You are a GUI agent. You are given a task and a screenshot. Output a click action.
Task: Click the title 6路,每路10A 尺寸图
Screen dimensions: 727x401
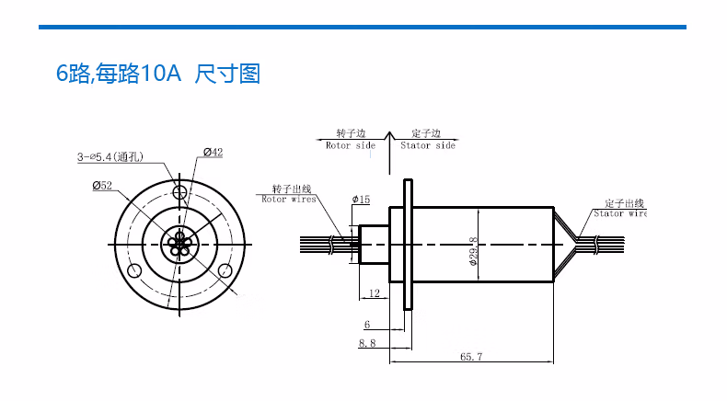(158, 74)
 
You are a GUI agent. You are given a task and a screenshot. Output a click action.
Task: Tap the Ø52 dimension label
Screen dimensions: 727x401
(102, 186)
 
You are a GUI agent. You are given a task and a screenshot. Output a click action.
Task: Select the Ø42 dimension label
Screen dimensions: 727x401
(213, 153)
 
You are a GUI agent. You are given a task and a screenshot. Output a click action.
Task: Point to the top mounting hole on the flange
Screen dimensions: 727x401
(180, 192)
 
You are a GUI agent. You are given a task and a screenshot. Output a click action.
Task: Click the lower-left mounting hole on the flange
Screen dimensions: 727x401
(135, 270)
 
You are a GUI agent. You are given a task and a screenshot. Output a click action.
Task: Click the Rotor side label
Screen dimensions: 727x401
(351, 145)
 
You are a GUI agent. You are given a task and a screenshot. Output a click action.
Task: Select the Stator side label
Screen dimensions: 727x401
(428, 145)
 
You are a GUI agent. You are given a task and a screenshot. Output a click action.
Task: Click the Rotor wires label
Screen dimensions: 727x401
(289, 199)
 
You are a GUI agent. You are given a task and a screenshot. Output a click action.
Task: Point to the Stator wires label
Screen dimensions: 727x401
(622, 213)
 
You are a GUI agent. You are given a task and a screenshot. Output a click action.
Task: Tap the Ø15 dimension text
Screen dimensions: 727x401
(361, 200)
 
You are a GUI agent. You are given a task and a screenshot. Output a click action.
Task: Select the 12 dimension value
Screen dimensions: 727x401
(374, 293)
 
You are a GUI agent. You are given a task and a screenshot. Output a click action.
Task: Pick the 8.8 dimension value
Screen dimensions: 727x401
(366, 342)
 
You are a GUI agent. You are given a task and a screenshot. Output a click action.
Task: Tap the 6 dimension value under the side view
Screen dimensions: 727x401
(366, 325)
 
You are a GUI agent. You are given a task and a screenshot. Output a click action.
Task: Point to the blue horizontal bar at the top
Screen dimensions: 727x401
(363, 27)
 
